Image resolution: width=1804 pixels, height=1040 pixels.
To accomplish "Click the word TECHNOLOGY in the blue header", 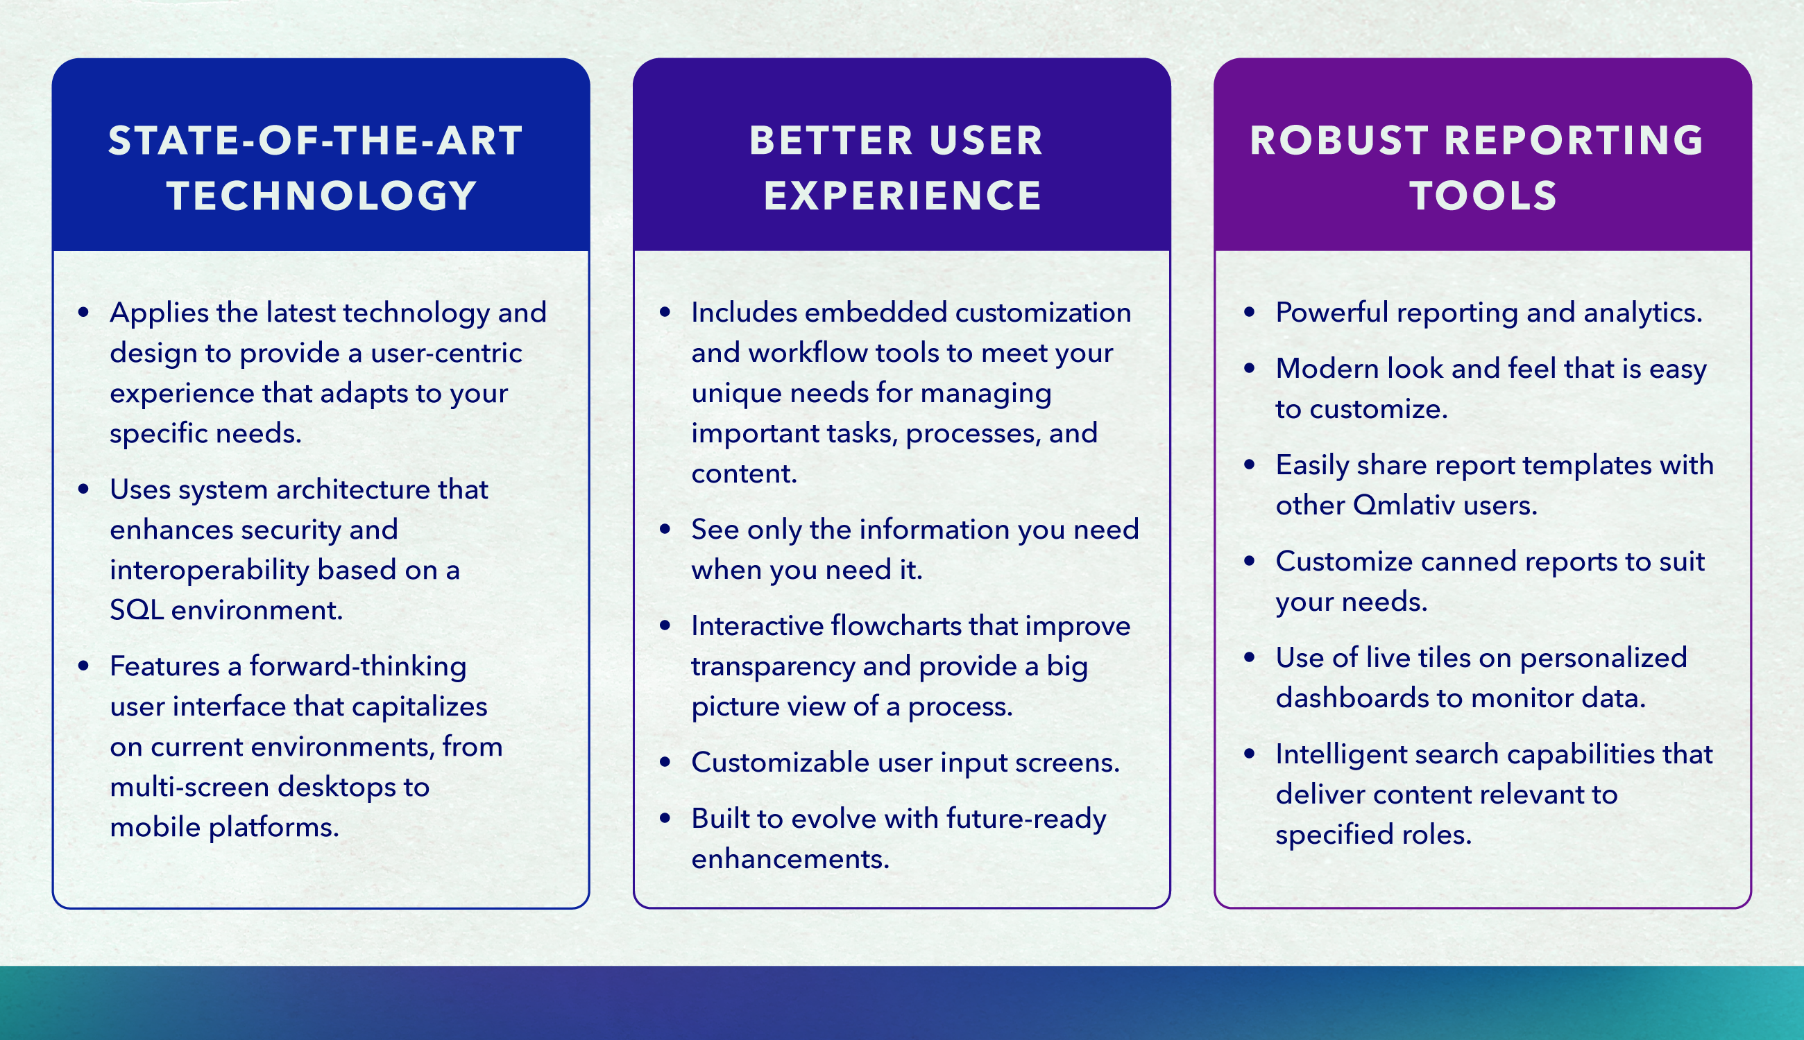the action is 322,196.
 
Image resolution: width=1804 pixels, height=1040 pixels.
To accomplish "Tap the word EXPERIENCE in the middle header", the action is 903,196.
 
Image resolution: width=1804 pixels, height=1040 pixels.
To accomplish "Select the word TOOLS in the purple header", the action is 1483,196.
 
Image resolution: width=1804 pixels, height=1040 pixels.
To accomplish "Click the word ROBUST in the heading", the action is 1339,140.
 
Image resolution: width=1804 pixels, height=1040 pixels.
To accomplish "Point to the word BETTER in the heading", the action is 831,140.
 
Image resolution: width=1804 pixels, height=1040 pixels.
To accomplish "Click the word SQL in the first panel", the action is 137,611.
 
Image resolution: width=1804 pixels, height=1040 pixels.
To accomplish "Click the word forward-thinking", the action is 357,667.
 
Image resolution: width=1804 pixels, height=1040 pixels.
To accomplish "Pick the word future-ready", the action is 1026,820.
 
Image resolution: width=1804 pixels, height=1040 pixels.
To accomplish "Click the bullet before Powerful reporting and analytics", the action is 1250,312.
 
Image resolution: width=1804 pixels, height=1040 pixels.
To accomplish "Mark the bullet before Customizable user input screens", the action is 665,762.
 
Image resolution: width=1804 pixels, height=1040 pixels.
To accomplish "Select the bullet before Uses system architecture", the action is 84,489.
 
